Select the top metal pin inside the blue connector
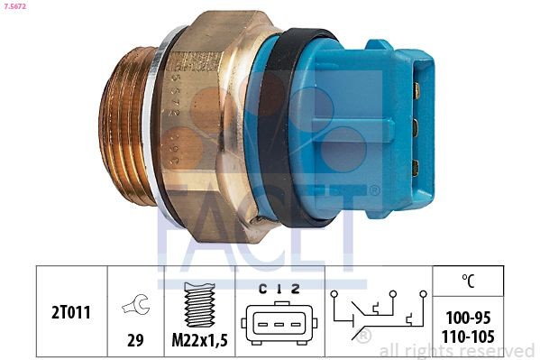[x=416, y=90]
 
